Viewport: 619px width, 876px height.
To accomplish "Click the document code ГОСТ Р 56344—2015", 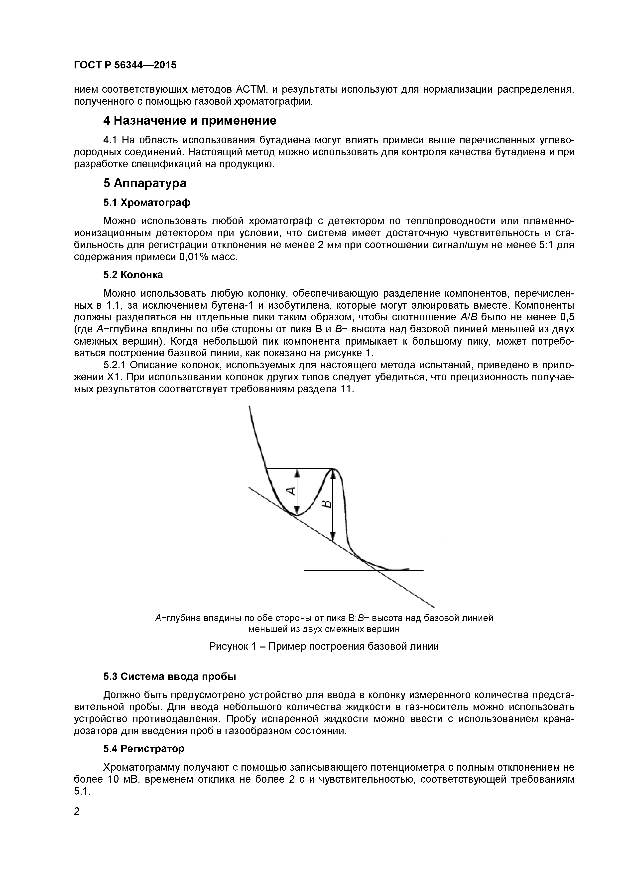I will tap(125, 65).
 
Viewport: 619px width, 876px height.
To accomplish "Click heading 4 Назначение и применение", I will tap(189, 121).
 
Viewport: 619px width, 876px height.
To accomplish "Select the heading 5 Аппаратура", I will tap(145, 184).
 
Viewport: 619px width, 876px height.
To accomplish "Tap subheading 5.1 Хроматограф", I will tap(147, 203).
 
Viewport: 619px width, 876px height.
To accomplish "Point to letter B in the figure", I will tap(327, 505).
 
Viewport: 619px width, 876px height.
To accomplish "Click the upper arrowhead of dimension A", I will tap(298, 473).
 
